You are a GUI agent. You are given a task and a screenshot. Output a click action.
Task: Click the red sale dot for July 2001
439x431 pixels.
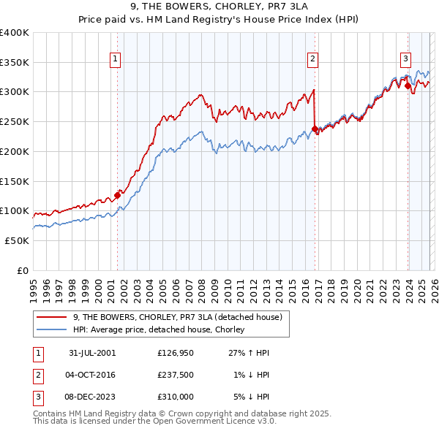click(x=117, y=195)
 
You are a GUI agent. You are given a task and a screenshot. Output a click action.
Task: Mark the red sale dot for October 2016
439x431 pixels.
click(x=315, y=129)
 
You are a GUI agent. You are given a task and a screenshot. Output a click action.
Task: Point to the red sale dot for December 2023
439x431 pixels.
click(x=408, y=86)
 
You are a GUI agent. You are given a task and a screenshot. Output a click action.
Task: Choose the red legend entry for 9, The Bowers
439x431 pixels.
click(x=182, y=317)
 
